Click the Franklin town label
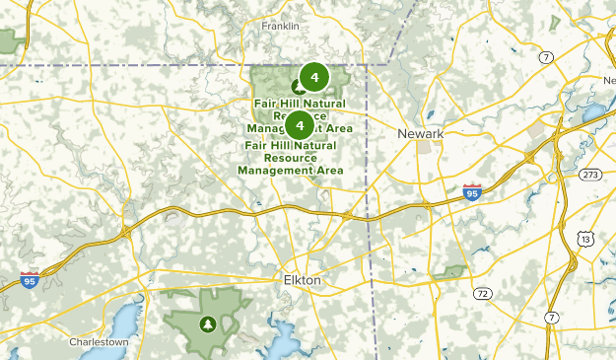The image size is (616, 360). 280,26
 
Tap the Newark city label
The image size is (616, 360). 422,133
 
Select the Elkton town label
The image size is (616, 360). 302,280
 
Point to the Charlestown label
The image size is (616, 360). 100,342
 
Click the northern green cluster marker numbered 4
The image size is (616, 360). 313,75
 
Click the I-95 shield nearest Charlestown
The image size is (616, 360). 30,280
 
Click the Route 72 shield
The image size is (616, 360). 482,294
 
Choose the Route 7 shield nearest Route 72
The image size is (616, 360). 552,318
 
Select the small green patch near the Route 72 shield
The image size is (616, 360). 453,270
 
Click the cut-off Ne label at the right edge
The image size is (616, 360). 607,80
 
